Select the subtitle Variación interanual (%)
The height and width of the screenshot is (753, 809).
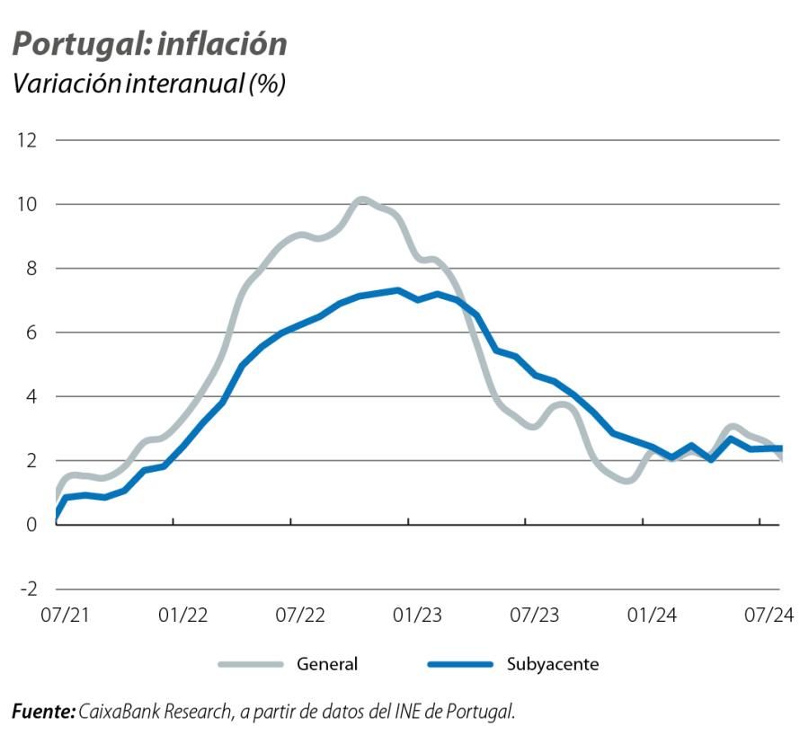click(x=148, y=84)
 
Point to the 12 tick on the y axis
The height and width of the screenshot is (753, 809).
click(x=27, y=140)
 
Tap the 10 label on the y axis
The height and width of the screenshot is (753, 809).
click(x=27, y=204)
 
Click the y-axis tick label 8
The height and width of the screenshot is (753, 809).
click(x=31, y=269)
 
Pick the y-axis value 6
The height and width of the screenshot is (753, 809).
click(x=31, y=332)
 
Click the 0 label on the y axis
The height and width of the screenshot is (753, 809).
click(x=31, y=525)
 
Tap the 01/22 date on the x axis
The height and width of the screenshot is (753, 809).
click(x=183, y=616)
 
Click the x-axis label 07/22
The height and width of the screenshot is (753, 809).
click(x=300, y=616)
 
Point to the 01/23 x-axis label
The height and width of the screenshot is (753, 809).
click(x=417, y=616)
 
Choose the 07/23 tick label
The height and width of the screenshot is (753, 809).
click(x=534, y=616)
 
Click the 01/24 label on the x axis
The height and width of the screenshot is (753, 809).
click(x=652, y=616)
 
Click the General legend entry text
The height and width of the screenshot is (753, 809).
click(x=327, y=665)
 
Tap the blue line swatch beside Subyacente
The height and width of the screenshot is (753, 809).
click(x=459, y=665)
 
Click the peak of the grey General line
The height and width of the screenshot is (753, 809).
click(x=361, y=199)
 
